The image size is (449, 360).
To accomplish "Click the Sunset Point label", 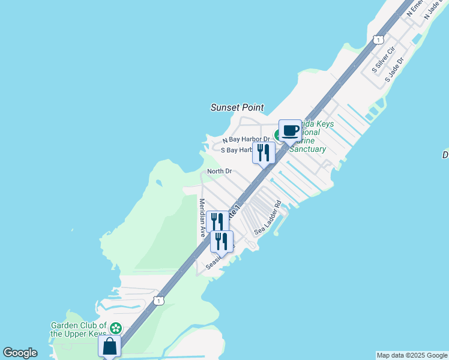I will [237, 107].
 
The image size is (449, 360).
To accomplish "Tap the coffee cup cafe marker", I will [290, 130].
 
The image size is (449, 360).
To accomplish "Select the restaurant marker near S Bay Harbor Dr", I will [264, 152].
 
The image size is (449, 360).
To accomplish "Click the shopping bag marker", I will [109, 346].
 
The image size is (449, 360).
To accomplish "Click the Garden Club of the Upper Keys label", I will [79, 329].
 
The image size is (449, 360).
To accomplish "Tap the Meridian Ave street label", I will [202, 217].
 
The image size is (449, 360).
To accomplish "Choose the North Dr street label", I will [219, 172].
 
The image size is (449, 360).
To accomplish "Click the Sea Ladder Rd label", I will [268, 217].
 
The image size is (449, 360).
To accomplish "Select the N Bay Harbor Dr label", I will [246, 139].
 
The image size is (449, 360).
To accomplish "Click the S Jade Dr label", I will [394, 67].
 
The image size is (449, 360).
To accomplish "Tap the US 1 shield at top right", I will [378, 40].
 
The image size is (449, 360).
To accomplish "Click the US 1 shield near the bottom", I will [158, 300].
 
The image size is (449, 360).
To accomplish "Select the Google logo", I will [20, 353].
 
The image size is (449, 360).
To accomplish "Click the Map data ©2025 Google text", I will [412, 355].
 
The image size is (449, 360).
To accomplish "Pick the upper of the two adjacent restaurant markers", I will [217, 221].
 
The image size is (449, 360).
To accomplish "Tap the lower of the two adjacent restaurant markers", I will [221, 241].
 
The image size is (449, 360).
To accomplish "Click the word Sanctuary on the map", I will [307, 149].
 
